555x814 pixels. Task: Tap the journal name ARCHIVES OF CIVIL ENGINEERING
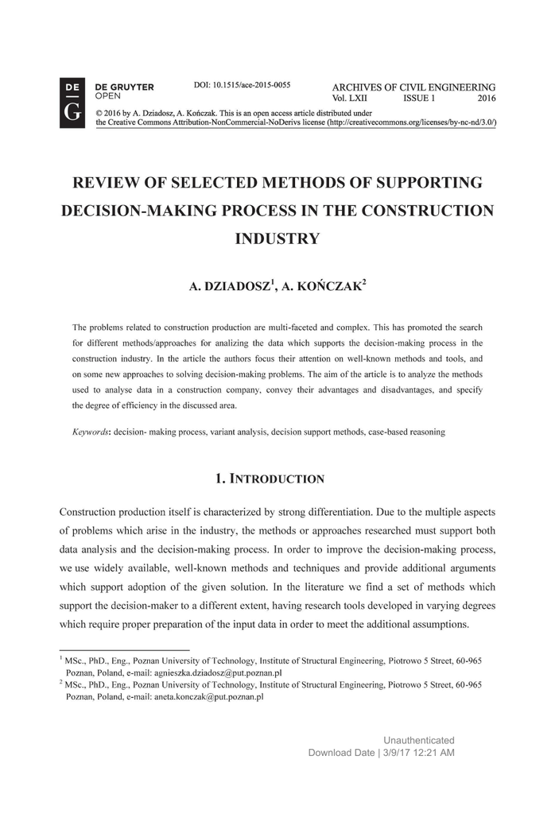[413, 87]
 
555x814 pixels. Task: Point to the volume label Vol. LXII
[351, 99]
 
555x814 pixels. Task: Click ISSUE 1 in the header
[419, 99]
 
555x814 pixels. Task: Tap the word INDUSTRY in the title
[277, 238]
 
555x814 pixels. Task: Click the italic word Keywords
[91, 432]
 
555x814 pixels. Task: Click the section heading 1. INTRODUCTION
[270, 479]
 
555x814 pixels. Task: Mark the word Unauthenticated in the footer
[419, 740]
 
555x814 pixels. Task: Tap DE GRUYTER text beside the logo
[125, 87]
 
